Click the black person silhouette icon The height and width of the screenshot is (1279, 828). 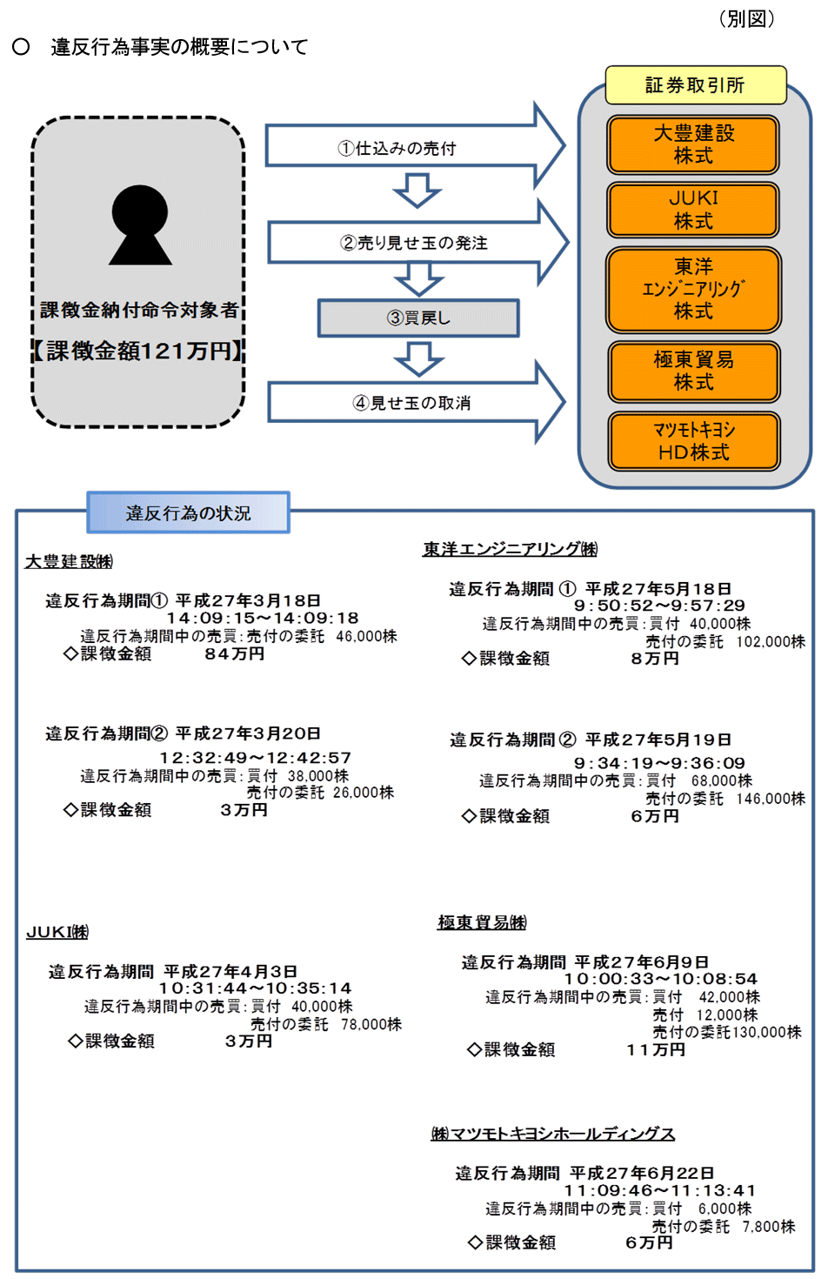click(x=140, y=225)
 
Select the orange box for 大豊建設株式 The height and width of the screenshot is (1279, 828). click(x=693, y=144)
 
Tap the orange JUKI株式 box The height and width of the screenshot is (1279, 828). click(x=693, y=210)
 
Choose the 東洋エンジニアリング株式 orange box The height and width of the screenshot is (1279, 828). click(x=693, y=289)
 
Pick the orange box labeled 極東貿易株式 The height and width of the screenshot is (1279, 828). click(x=693, y=371)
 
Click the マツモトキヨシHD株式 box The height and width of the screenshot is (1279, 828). click(x=693, y=441)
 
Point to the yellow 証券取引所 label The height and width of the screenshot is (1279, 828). click(x=695, y=85)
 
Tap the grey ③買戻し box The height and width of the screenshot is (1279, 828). click(x=418, y=318)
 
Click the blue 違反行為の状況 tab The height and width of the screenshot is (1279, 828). click(x=188, y=512)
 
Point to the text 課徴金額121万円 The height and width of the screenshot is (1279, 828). click(x=139, y=351)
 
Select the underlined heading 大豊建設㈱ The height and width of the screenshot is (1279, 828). click(x=69, y=562)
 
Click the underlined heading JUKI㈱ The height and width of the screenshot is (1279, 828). click(x=57, y=932)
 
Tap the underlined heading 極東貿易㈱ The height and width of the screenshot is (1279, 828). click(x=482, y=922)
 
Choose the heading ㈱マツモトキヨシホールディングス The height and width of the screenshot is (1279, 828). click(x=552, y=1134)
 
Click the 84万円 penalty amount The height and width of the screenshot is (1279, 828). click(x=234, y=653)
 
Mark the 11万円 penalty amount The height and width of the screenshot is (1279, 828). click(x=656, y=1049)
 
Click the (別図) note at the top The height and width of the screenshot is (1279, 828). click(x=746, y=19)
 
